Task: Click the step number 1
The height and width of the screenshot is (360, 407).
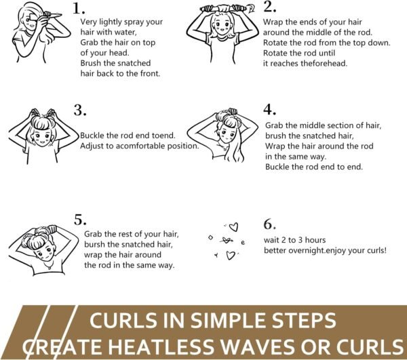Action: click(x=79, y=9)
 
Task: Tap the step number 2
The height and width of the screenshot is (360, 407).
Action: click(x=269, y=7)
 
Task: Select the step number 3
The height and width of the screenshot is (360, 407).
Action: click(x=80, y=111)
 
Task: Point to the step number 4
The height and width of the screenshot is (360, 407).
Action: click(x=270, y=109)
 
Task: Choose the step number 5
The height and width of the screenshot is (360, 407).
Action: click(x=80, y=220)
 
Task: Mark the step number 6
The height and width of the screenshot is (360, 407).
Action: click(x=270, y=224)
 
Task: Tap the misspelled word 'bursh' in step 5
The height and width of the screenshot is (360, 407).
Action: click(x=94, y=244)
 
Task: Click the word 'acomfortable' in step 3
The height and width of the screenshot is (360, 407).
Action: click(x=140, y=146)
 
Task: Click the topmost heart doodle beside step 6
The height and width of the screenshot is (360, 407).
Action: click(x=234, y=227)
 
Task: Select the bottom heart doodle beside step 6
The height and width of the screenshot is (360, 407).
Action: click(x=231, y=255)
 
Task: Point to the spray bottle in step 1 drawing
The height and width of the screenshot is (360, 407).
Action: click(x=53, y=15)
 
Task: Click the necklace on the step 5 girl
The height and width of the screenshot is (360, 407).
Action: click(x=48, y=265)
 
